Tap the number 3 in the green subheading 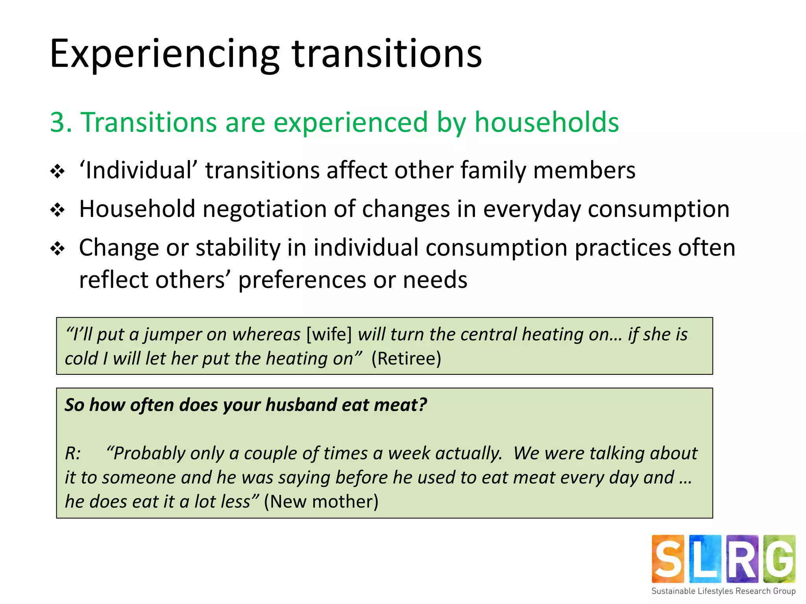(x=58, y=122)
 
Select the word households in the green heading (x=547, y=122)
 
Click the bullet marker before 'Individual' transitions (x=57, y=171)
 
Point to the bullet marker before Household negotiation (x=57, y=210)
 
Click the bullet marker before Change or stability (x=57, y=249)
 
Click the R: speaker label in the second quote (x=73, y=453)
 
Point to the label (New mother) (x=321, y=502)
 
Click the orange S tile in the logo (x=668, y=559)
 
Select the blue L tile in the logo (x=705, y=559)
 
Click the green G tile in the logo (x=779, y=559)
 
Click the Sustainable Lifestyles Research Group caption (x=723, y=591)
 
